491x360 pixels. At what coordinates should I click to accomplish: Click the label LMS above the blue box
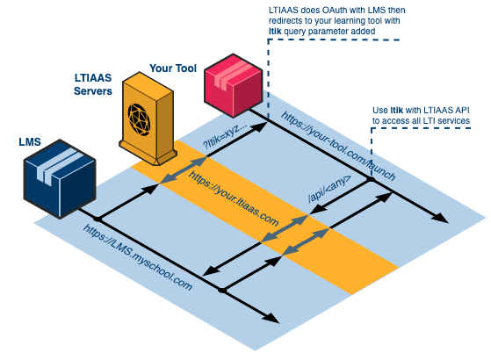point(30,140)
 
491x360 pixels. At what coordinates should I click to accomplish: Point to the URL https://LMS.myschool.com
point(138,258)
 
